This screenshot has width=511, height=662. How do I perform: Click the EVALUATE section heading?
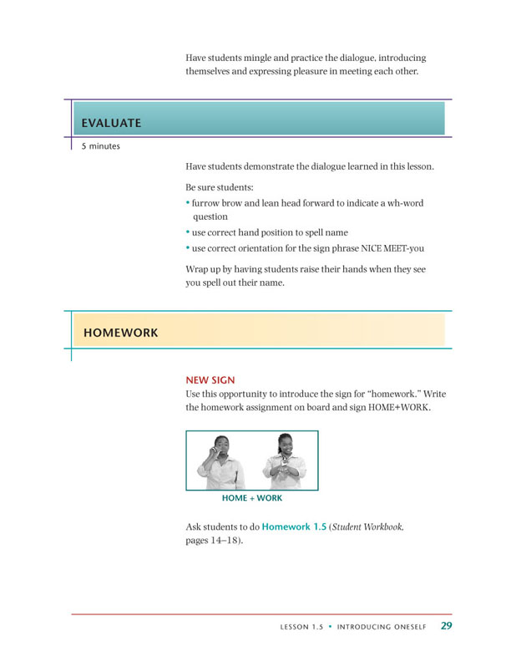pos(111,124)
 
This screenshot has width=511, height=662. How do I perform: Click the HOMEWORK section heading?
pos(120,333)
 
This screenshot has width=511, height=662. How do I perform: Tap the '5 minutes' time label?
pos(100,146)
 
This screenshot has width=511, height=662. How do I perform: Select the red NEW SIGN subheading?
pos(210,379)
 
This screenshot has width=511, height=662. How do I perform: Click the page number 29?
pos(447,625)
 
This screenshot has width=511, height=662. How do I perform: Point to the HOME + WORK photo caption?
pos(251,498)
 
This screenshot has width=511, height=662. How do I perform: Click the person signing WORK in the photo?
pos(282,462)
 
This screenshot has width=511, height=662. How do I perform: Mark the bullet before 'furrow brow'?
pos(188,203)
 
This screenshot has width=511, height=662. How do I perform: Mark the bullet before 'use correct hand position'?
pos(188,232)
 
